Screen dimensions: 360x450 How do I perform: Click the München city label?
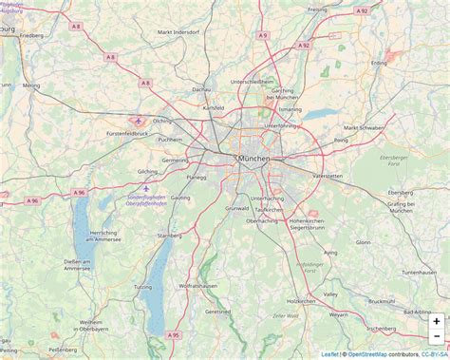[x=253, y=158]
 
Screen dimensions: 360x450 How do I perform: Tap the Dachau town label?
[x=200, y=89]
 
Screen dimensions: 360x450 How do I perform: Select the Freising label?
[x=317, y=9]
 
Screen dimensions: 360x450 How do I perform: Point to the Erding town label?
[x=379, y=64]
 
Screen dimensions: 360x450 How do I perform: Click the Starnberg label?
[x=169, y=235]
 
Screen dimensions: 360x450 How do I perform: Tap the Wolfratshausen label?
[x=200, y=285]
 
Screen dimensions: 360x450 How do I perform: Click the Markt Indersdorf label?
[x=178, y=32]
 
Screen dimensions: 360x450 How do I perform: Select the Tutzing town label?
[x=143, y=286]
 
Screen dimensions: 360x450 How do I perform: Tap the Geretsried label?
[x=217, y=311]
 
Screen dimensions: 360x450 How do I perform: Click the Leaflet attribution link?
[x=329, y=354]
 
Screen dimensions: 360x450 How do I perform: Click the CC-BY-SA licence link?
[x=435, y=354]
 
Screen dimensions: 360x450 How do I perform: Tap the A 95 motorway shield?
[x=173, y=334]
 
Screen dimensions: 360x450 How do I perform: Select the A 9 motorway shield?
[x=263, y=35]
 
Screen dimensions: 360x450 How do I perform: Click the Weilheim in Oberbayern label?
[x=98, y=326]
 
